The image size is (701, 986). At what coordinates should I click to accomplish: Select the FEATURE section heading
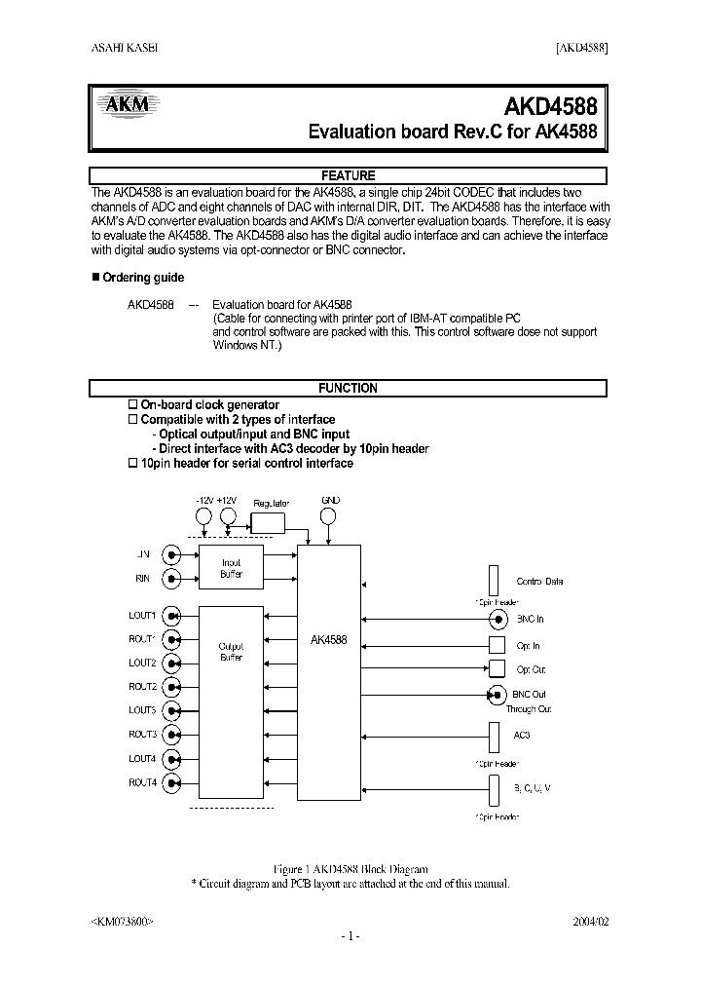348,175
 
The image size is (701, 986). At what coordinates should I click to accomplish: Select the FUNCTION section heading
348,388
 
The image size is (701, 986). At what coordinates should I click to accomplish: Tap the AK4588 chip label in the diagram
327,640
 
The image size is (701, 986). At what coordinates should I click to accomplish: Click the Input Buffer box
231,568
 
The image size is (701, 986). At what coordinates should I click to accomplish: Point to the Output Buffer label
231,652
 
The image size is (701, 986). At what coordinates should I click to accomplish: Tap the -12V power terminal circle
203,516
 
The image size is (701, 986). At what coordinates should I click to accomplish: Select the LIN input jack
172,555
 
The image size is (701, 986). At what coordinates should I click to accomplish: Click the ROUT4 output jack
172,782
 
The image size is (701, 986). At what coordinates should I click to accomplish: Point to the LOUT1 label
142,616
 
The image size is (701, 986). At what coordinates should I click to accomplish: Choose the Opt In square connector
497,645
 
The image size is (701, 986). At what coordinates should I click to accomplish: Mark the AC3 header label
522,735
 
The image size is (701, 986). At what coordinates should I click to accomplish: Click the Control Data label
539,582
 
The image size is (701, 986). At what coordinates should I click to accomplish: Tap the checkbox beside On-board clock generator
133,404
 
